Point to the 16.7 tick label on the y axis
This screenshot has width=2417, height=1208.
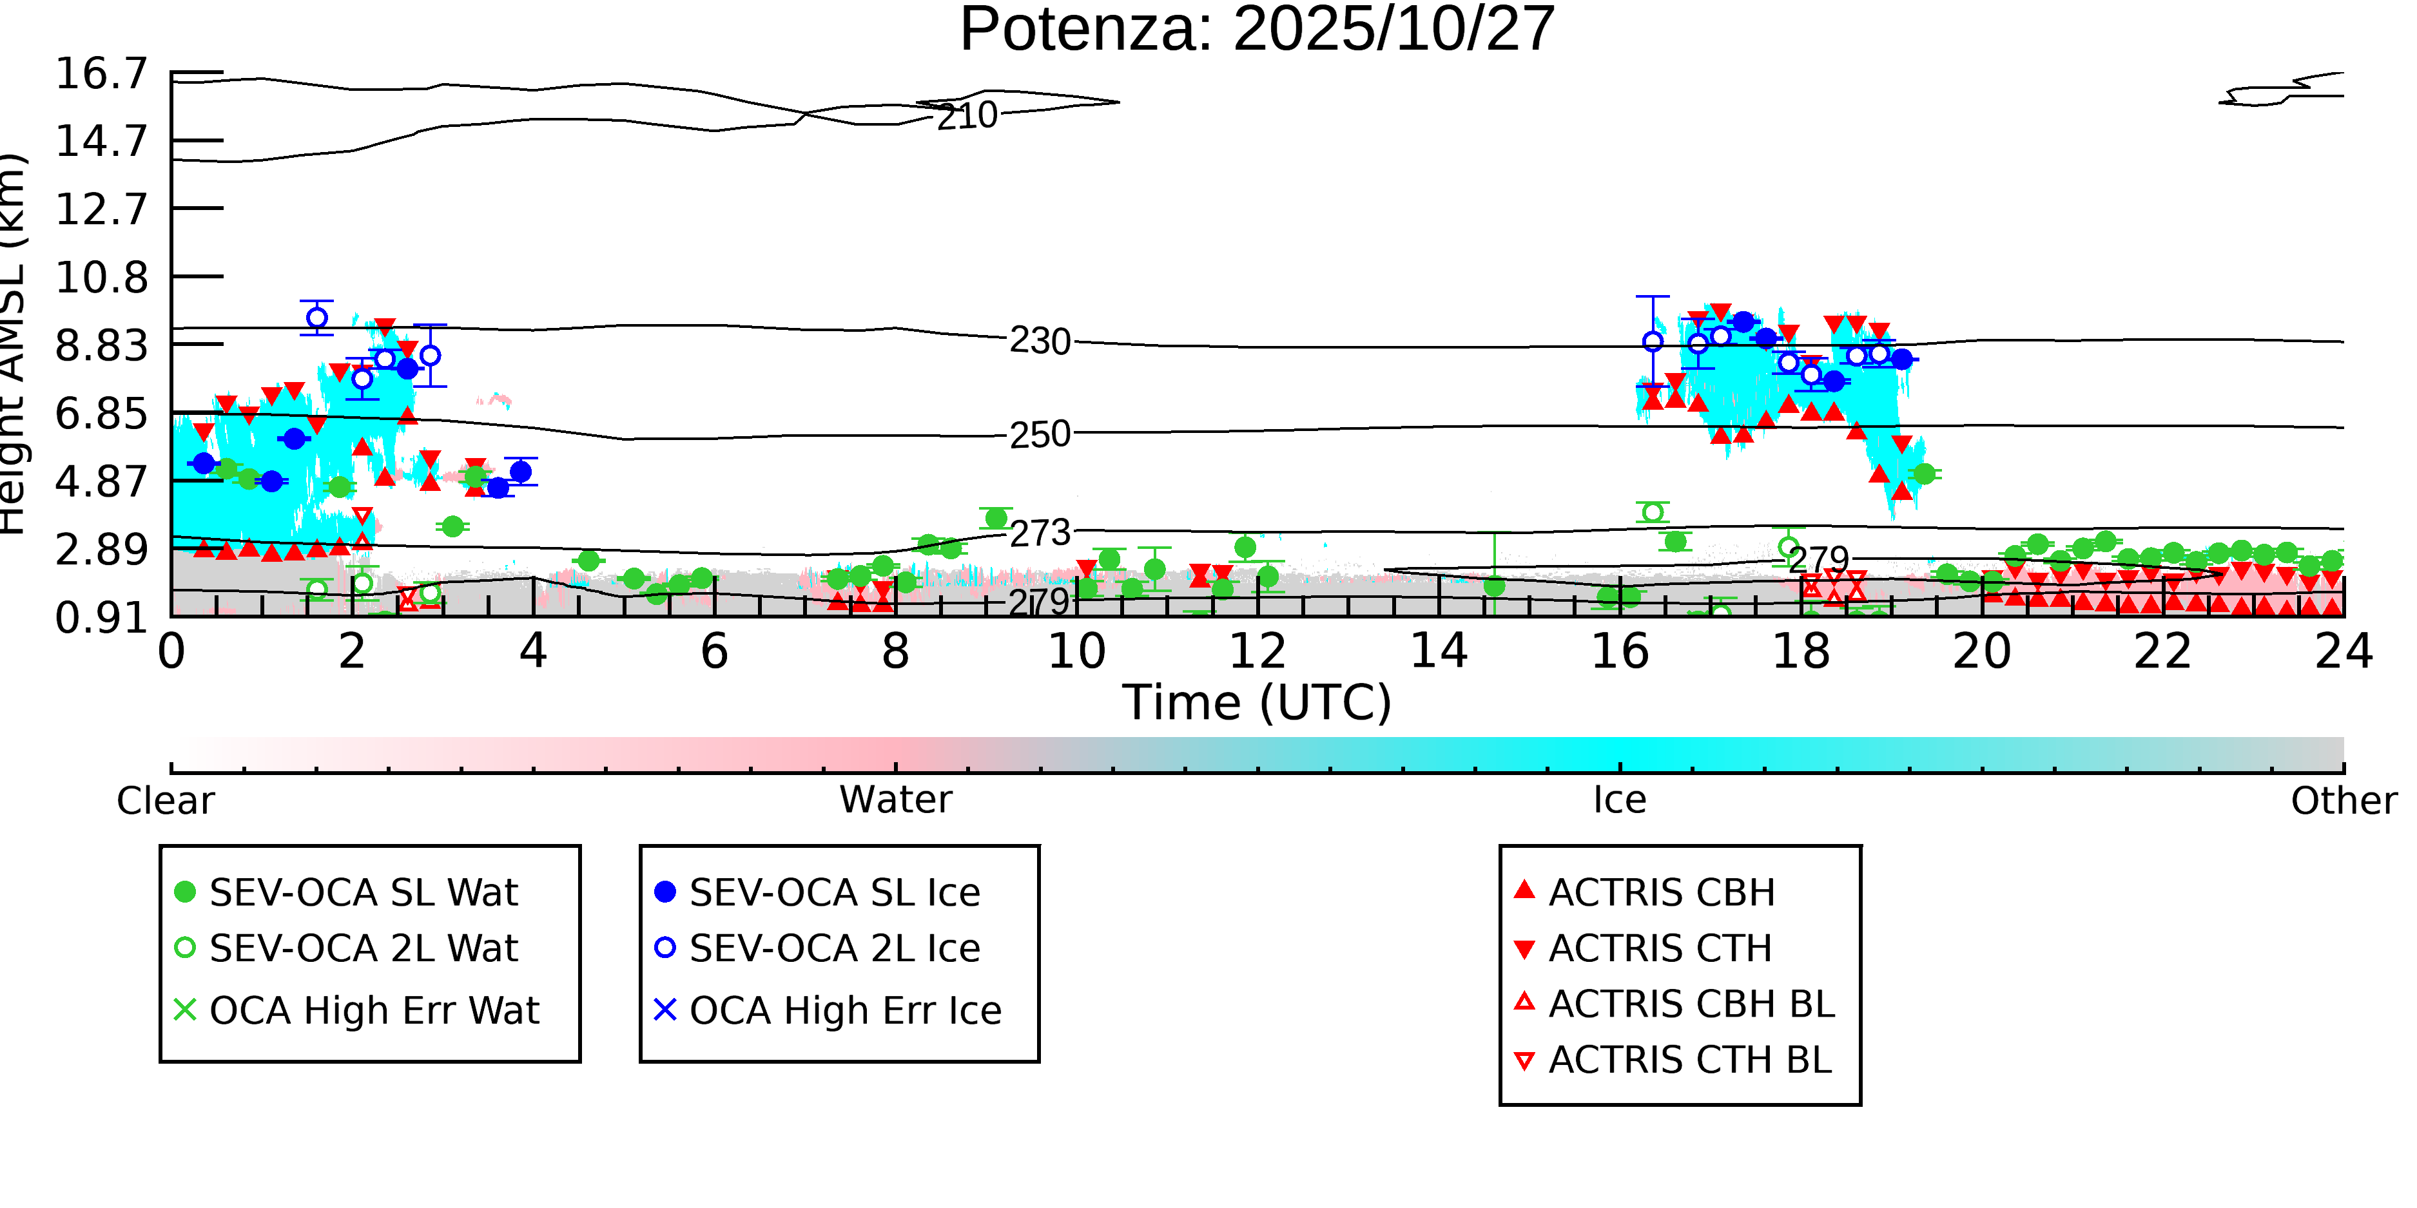point(101,74)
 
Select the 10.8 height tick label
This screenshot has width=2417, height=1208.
point(101,278)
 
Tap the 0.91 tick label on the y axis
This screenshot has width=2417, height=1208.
point(101,618)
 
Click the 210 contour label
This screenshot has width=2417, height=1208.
point(967,117)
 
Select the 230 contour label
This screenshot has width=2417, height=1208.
point(1040,342)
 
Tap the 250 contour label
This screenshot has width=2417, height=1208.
point(1040,435)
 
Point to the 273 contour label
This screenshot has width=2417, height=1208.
point(1040,533)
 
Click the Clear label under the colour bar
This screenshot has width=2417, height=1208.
point(165,801)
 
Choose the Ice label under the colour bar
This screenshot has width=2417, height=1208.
point(1620,801)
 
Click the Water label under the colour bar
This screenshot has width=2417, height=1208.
point(895,801)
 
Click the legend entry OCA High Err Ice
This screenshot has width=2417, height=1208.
point(844,1011)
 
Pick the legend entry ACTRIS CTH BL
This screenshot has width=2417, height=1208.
point(1689,1060)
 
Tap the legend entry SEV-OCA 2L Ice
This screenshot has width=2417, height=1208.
point(834,949)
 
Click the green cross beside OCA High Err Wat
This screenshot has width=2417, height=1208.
point(186,1010)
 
